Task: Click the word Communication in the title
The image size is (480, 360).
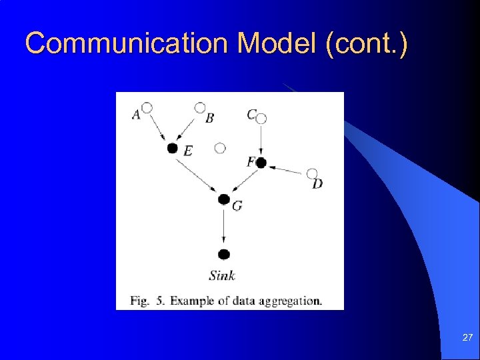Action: click(x=127, y=44)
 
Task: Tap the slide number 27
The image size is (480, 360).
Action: click(x=467, y=339)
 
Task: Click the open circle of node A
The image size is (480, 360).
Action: click(x=147, y=107)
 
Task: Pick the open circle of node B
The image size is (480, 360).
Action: click(x=199, y=107)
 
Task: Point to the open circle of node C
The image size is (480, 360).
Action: click(x=261, y=119)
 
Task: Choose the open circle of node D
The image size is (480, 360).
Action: click(x=312, y=173)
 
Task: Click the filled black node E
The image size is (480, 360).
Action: click(x=172, y=148)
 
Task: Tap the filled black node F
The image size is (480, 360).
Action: click(x=261, y=163)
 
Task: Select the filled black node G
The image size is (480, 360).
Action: click(x=224, y=199)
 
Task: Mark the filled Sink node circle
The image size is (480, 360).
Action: click(x=224, y=254)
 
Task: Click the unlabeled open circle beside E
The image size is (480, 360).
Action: click(x=220, y=148)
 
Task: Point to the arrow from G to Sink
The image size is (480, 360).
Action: click(x=224, y=227)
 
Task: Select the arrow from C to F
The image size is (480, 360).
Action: click(x=261, y=140)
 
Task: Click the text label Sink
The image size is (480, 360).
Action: click(x=222, y=275)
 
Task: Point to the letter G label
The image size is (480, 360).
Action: click(x=237, y=206)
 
